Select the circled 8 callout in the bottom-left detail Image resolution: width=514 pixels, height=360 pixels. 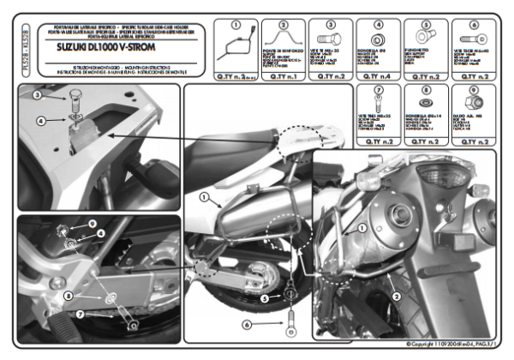coord(69,296)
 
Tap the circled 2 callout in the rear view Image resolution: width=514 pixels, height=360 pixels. coord(396,294)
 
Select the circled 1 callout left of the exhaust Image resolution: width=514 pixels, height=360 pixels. coord(203,197)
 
